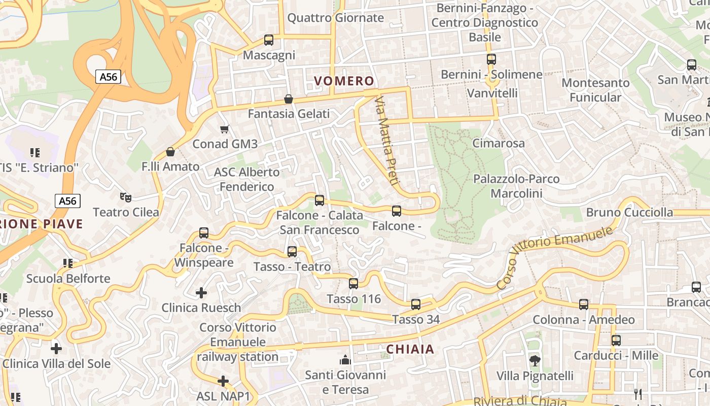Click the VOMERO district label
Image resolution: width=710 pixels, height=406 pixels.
(x=344, y=81)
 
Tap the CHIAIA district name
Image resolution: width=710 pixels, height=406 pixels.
(x=410, y=349)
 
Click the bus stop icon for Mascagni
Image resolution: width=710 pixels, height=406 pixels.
(x=269, y=40)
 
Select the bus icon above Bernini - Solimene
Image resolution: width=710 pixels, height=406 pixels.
(x=491, y=59)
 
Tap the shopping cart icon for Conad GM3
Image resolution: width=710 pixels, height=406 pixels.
(x=225, y=129)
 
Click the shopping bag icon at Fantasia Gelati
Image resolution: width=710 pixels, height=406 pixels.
(x=289, y=99)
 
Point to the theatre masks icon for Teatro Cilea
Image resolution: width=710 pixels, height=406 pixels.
(x=125, y=197)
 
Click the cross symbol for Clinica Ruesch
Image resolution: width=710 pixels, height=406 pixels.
(x=201, y=293)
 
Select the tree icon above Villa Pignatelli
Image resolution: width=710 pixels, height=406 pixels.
(x=535, y=361)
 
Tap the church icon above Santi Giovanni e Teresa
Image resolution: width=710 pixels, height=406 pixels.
(x=345, y=360)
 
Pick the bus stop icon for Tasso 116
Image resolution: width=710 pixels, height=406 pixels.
(x=353, y=284)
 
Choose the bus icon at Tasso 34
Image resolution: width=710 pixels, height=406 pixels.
(x=415, y=304)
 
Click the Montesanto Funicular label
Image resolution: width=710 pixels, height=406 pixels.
(x=595, y=90)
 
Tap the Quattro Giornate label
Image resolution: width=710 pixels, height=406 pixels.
(x=335, y=18)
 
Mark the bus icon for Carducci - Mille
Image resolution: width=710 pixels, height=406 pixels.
(x=616, y=341)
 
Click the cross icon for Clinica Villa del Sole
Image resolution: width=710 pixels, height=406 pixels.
(x=56, y=349)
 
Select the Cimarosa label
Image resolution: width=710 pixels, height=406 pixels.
(x=499, y=143)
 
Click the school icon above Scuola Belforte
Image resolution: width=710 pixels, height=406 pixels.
(x=68, y=263)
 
